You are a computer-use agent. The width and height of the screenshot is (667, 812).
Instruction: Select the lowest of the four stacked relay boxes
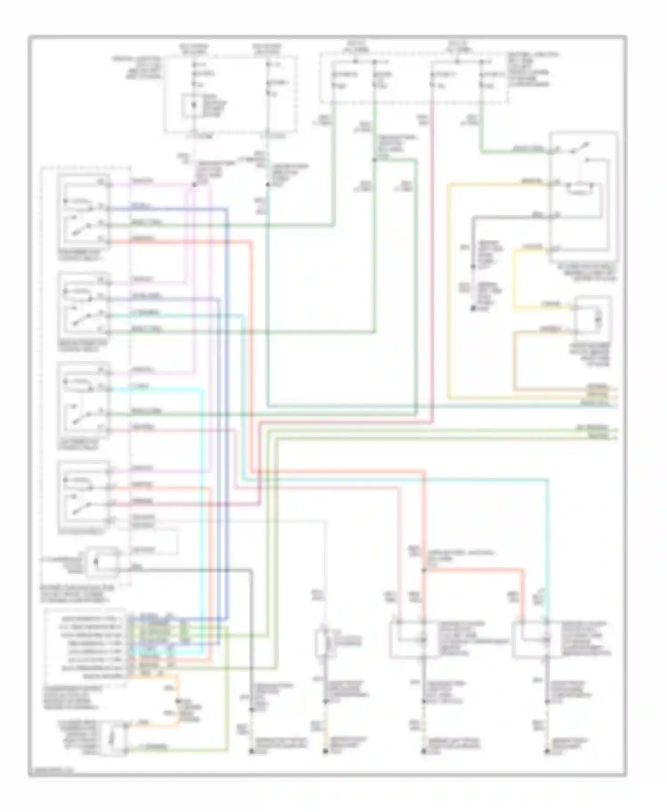(x=84, y=497)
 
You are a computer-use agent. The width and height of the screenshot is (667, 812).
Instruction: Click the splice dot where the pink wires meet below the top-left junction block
(x=194, y=184)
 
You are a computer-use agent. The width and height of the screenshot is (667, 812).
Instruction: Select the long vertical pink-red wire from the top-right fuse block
(x=432, y=267)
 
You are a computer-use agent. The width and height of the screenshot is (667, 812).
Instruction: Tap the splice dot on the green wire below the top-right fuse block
(x=374, y=159)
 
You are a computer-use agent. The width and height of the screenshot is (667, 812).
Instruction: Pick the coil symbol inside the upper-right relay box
(x=578, y=190)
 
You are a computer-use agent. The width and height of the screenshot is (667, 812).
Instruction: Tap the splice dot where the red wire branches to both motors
(x=424, y=570)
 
